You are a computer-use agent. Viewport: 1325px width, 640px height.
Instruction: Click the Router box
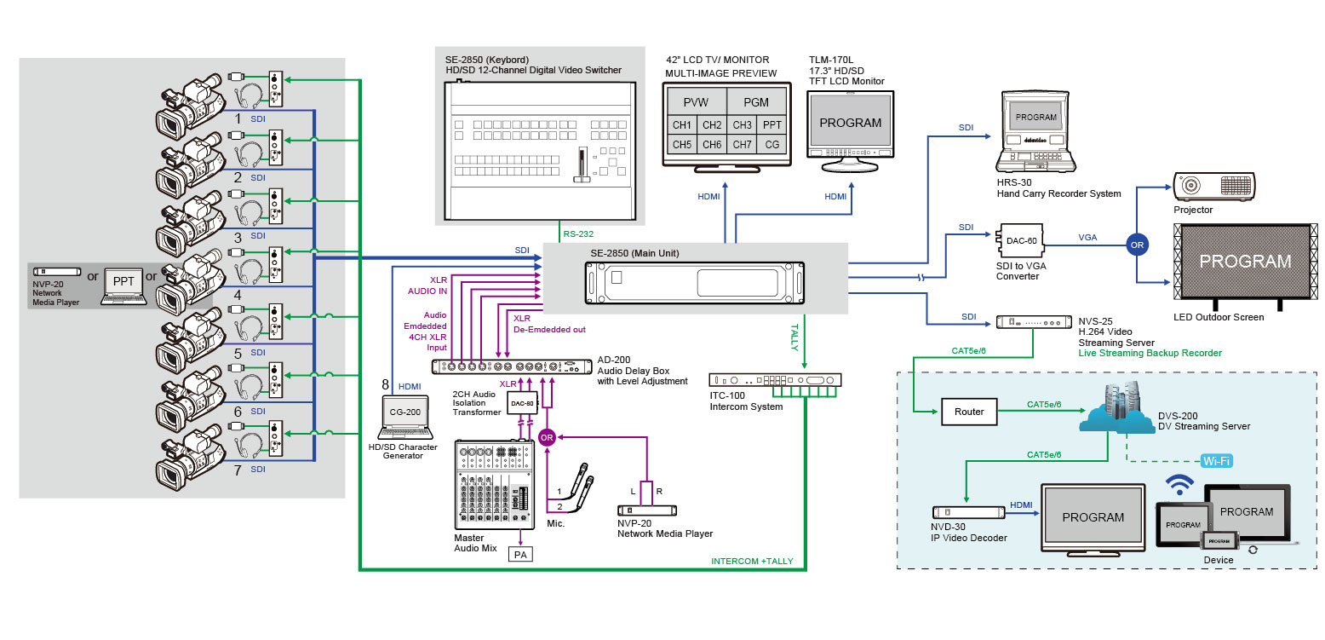969,412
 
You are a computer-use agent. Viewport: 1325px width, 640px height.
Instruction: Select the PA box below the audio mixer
519,555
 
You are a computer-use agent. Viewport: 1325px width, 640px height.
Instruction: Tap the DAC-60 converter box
1020,241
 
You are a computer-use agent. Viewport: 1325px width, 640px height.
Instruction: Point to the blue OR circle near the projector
1136,244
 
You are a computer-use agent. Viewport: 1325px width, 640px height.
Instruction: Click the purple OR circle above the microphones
546,437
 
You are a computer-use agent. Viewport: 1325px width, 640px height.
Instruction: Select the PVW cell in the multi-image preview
696,102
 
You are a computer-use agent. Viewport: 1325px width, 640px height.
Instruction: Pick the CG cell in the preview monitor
771,145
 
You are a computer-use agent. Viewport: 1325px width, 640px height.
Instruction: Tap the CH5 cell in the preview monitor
681,145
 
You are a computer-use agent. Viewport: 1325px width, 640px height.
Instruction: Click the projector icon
1213,187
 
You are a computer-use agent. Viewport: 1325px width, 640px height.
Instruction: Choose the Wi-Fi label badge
1217,461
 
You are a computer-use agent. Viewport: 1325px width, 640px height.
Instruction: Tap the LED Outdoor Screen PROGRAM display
1244,262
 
